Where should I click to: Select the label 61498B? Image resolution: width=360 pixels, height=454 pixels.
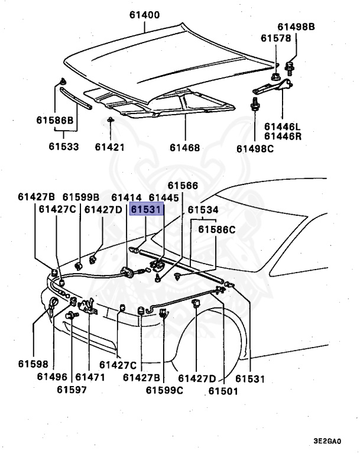point(297,27)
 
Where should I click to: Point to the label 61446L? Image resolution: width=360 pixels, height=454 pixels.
point(283,127)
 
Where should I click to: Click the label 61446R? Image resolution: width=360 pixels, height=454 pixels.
point(283,137)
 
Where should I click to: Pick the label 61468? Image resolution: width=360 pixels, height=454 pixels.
point(184,147)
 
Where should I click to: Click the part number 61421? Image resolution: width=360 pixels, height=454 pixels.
point(109,147)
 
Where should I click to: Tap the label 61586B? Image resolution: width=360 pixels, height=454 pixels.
point(54,121)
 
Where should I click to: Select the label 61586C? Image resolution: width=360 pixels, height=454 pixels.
point(216,229)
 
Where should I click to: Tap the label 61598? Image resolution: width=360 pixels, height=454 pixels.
point(33,365)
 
